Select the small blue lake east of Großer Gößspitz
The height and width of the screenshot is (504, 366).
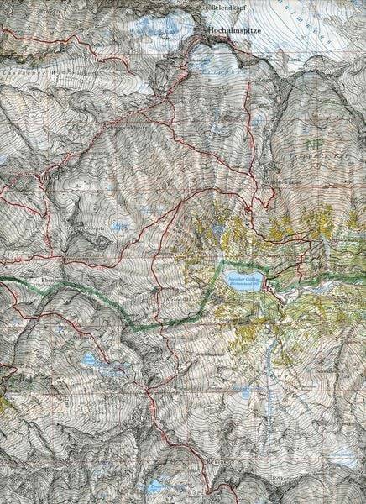click(122, 226)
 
